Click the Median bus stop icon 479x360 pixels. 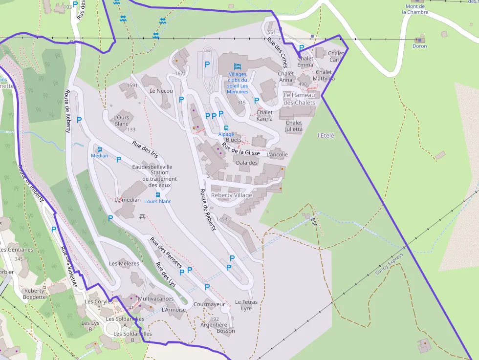100,149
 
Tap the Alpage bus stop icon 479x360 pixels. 226,128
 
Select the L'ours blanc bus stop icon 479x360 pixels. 158,195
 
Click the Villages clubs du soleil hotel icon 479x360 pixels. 238,66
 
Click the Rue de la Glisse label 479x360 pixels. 241,149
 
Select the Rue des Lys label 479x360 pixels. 165,274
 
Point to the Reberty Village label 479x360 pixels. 232,195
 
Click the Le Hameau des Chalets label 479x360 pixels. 299,99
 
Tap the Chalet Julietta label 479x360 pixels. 294,126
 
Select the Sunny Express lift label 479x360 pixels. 390,264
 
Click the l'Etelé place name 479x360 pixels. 326,135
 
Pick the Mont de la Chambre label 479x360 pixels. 415,9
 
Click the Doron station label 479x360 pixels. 419,46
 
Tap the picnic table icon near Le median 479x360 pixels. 142,216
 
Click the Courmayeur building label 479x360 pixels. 209,304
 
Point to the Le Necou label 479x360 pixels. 161,91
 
